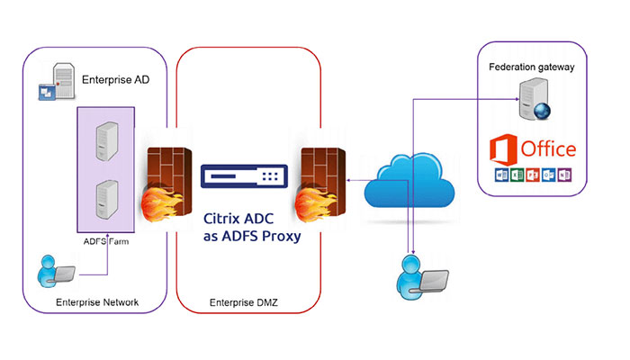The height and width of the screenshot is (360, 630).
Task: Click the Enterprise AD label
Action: pyautogui.click(x=115, y=80)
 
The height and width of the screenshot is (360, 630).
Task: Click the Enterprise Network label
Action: pyautogui.click(x=96, y=303)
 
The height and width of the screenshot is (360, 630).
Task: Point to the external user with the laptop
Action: pyautogui.click(x=419, y=274)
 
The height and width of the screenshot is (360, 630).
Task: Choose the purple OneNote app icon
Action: pyautogui.click(x=565, y=175)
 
